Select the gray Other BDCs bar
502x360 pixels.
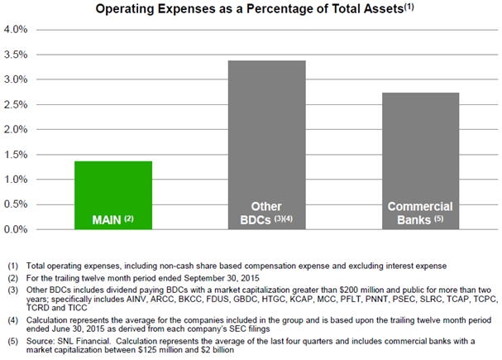click(268, 141)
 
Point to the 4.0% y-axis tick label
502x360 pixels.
click(17, 30)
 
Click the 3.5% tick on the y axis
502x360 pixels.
click(17, 55)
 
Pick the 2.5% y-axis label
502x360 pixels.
click(17, 104)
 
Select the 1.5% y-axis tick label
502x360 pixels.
click(17, 155)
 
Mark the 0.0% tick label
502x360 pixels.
click(17, 229)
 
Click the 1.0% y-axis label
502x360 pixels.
click(17, 180)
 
